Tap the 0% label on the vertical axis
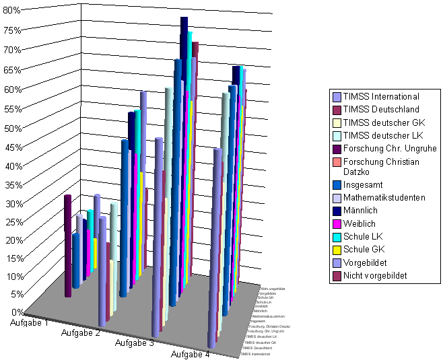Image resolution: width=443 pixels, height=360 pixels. [x=14, y=312]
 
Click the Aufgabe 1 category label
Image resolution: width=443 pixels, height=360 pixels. [x=29, y=323]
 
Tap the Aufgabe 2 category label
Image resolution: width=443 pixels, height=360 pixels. [x=81, y=333]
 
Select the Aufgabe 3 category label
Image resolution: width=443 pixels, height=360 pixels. [x=135, y=343]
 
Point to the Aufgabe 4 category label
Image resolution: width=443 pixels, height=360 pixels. [x=189, y=354]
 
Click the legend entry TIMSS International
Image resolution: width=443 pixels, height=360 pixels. [x=381, y=97]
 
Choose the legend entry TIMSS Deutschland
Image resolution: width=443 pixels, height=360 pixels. [x=381, y=110]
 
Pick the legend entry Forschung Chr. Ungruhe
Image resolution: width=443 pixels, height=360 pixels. [x=390, y=148]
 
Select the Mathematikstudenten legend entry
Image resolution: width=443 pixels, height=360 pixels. [x=384, y=198]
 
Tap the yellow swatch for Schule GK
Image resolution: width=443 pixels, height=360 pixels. [x=336, y=250]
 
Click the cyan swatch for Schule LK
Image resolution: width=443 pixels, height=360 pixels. [x=336, y=237]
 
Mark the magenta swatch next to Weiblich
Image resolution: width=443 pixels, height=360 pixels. [x=336, y=223]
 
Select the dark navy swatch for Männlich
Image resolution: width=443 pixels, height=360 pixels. [x=336, y=211]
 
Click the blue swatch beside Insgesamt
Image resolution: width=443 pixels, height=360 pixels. [x=336, y=184]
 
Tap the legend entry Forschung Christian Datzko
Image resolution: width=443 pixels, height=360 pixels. [x=381, y=166]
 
